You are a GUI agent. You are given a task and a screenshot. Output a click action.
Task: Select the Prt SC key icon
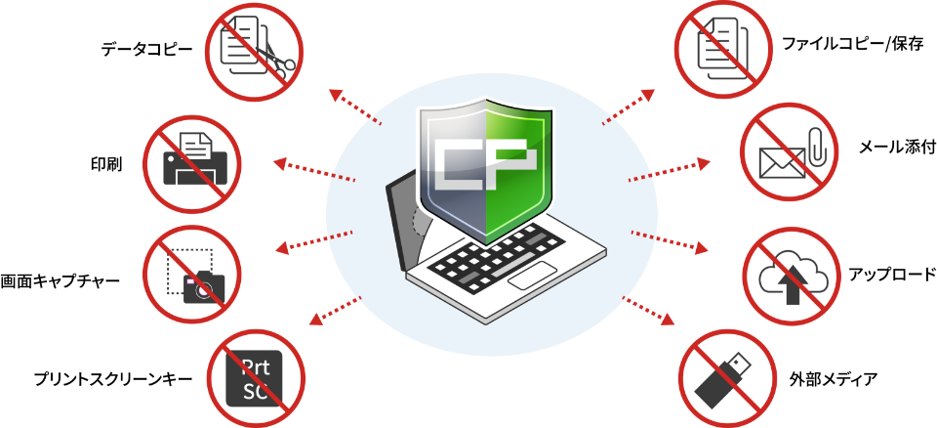(x=255, y=378)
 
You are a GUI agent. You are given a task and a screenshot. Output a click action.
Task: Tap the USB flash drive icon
(x=724, y=379)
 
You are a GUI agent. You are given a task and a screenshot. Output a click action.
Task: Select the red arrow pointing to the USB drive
(x=648, y=311)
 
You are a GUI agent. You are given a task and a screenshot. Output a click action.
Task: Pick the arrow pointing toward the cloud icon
(x=670, y=241)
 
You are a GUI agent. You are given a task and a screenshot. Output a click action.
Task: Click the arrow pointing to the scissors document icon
(x=354, y=107)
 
